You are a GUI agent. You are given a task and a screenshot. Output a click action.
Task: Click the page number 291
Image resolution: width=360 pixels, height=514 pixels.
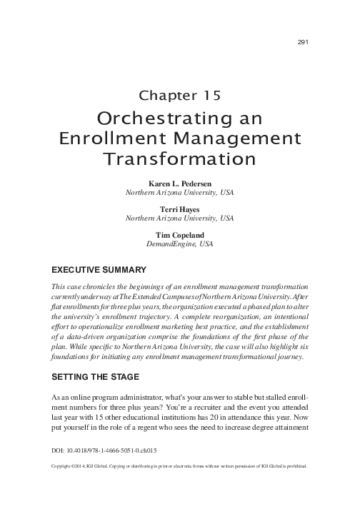[x=301, y=42]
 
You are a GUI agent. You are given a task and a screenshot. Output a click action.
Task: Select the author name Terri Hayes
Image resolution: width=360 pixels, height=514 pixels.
[x=179, y=209]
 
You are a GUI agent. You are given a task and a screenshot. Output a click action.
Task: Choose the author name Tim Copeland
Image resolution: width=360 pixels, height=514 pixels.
[x=179, y=235]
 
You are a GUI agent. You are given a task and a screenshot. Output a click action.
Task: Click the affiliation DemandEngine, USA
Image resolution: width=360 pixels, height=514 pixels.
[x=179, y=244]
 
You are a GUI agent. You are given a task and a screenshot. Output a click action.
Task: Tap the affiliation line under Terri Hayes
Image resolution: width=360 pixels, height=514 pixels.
[x=179, y=218]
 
